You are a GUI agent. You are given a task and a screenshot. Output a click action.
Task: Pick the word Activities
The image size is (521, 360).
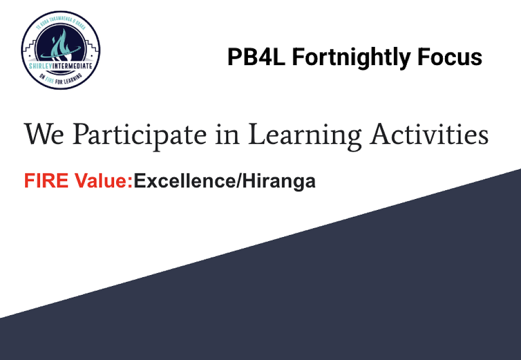tap(429, 134)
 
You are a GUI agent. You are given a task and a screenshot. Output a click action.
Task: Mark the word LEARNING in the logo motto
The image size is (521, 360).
tap(75, 79)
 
